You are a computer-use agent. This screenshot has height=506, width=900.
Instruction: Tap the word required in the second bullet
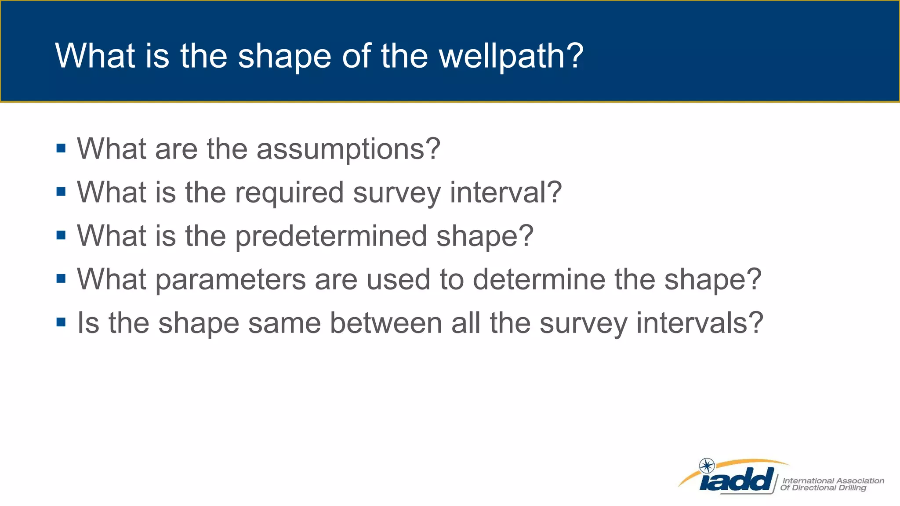[x=289, y=193]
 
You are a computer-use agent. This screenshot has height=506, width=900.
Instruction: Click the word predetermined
[x=331, y=236]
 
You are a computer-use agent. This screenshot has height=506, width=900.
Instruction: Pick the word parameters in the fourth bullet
[x=230, y=279]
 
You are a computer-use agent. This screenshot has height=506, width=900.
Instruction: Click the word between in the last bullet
[x=385, y=323]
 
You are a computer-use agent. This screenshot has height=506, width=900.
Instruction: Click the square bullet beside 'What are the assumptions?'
[x=61, y=148]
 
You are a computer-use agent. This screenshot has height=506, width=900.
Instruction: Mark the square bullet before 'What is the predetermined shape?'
[x=61, y=235]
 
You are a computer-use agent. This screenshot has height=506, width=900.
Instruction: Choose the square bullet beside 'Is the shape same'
[x=61, y=322]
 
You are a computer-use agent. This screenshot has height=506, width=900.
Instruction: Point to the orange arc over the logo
[x=747, y=463]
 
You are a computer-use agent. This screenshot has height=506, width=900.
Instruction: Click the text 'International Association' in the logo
[x=833, y=481]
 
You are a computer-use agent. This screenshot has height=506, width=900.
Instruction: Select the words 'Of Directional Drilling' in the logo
[x=823, y=488]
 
